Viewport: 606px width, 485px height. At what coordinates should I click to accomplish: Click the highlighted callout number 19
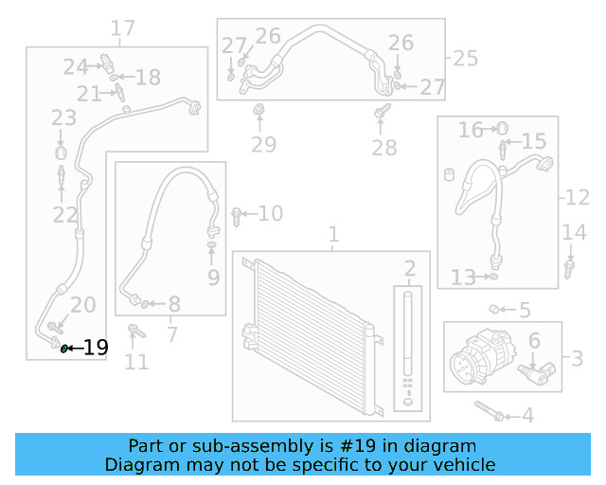[x=96, y=348]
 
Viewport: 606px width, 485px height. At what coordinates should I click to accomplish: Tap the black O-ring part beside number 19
[x=64, y=349]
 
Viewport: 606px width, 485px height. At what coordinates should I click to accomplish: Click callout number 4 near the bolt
[x=527, y=415]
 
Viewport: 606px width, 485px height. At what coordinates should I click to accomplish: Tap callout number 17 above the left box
[x=123, y=28]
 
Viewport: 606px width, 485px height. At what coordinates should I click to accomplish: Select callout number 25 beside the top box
[x=466, y=59]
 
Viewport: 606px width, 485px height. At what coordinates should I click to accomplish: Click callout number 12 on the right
[x=578, y=198]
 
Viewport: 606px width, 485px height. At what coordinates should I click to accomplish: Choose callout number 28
[x=383, y=147]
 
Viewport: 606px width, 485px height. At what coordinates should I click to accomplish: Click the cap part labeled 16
[x=502, y=128]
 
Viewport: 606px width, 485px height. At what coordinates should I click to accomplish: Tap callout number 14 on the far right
[x=575, y=233]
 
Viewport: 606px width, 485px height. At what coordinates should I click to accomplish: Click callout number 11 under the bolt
[x=137, y=361]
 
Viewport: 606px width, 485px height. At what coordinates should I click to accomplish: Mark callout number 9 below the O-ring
[x=213, y=278]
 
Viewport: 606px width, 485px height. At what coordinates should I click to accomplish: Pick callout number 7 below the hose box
[x=171, y=333]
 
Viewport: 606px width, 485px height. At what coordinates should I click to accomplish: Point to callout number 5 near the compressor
[x=525, y=310]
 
